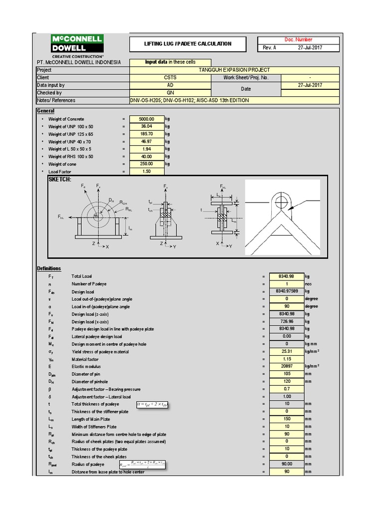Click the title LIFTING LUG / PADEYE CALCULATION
(x=188, y=44)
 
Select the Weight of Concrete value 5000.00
(x=147, y=119)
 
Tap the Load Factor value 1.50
(x=147, y=172)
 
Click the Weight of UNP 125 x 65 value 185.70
(x=147, y=134)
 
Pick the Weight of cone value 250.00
(x=147, y=164)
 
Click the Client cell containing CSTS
(x=170, y=78)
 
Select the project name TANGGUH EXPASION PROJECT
(x=234, y=70)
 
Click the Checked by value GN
(x=170, y=93)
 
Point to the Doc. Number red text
(x=298, y=40)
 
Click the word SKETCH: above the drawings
(x=59, y=179)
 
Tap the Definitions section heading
(x=49, y=268)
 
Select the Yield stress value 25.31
(x=287, y=352)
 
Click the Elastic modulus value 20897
(x=287, y=367)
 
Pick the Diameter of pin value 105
(x=287, y=374)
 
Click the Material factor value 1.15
(x=287, y=359)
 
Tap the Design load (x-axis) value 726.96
(x=287, y=322)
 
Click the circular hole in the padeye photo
(x=280, y=201)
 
